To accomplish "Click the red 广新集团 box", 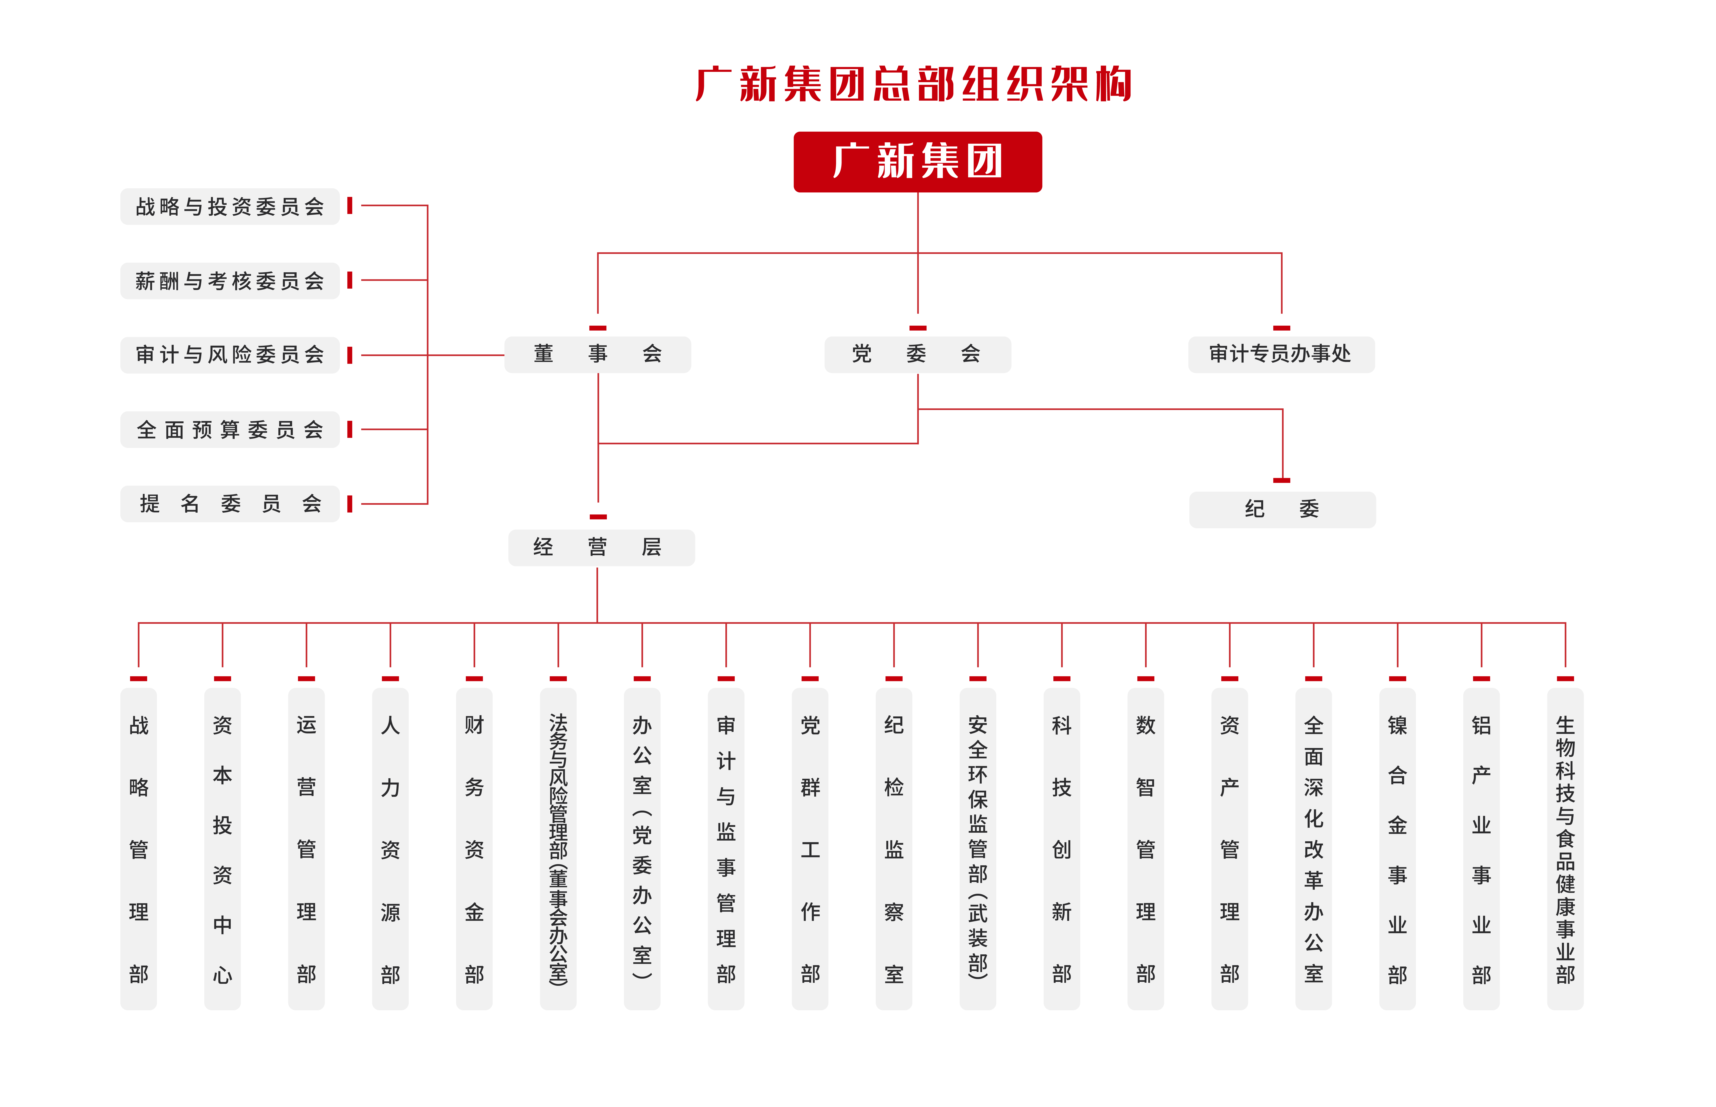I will pyautogui.click(x=917, y=162).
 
